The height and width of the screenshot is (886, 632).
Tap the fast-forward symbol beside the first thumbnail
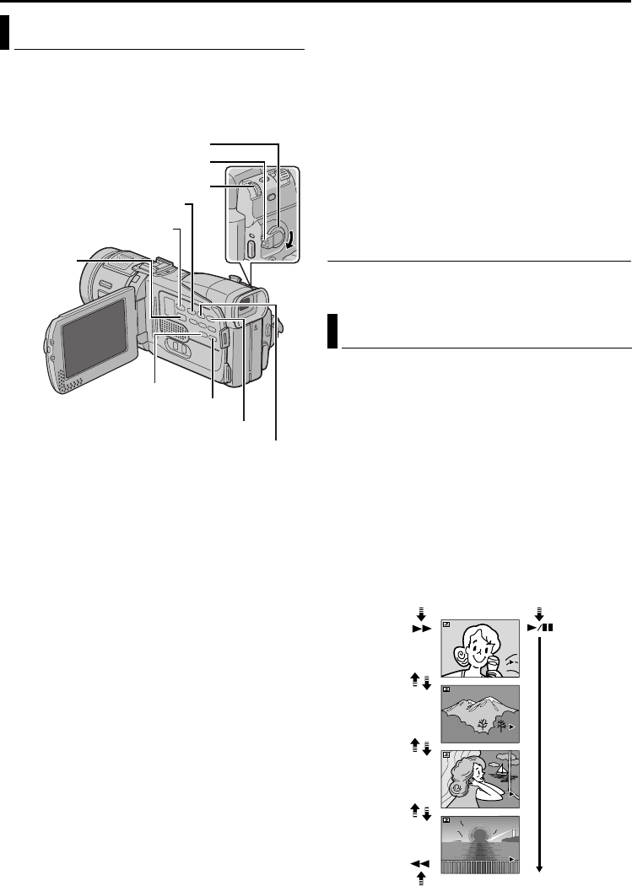coord(421,629)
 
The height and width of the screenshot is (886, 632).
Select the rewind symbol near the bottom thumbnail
coord(421,863)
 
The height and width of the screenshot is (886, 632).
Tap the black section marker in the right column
coord(332,332)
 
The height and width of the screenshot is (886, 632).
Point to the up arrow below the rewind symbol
coord(421,879)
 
